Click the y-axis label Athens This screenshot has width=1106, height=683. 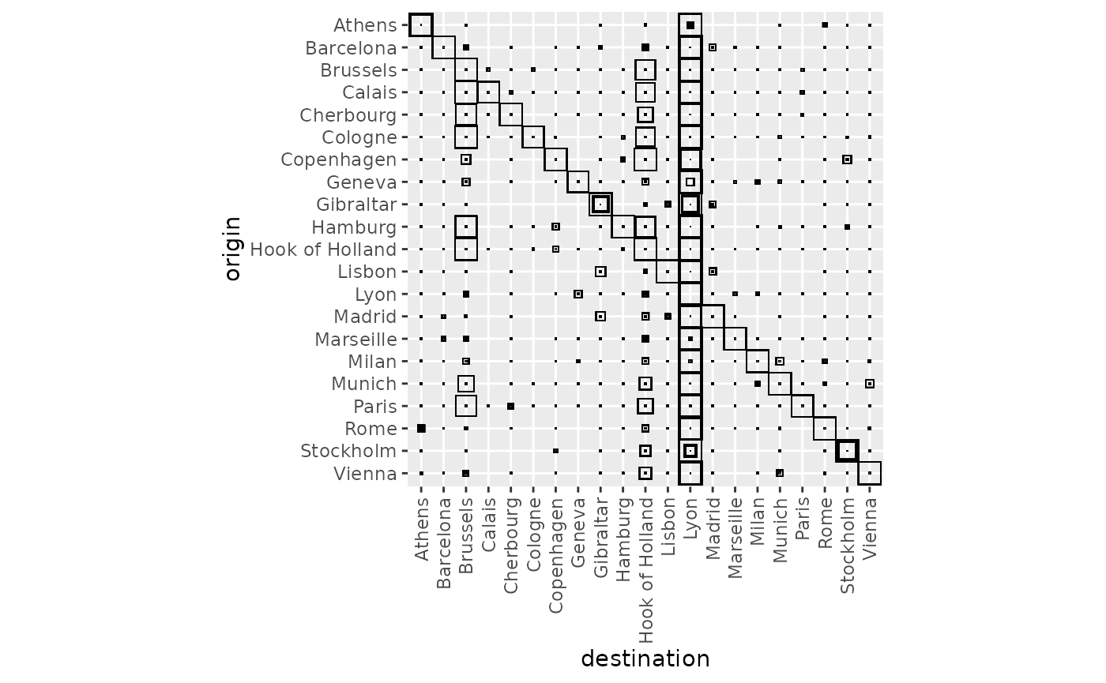point(365,25)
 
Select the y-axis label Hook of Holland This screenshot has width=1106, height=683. point(323,250)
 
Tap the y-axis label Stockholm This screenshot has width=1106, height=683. point(348,452)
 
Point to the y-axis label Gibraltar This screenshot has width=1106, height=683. point(356,205)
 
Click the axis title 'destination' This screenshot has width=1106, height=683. point(645,659)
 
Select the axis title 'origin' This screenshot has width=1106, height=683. point(232,249)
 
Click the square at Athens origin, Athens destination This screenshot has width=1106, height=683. point(421,25)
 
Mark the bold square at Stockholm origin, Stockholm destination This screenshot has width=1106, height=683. point(847,451)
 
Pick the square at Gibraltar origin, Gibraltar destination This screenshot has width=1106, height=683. point(600,205)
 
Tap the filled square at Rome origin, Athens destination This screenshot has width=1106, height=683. point(421,429)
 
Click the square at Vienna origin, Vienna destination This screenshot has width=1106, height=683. point(870,474)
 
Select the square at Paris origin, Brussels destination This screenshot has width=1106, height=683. point(466,406)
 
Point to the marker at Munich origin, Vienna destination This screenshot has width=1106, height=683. point(870,384)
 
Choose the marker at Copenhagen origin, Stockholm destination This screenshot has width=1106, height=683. point(847,159)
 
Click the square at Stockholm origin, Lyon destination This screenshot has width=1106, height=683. point(690,451)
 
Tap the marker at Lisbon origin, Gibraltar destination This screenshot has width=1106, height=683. point(600,272)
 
